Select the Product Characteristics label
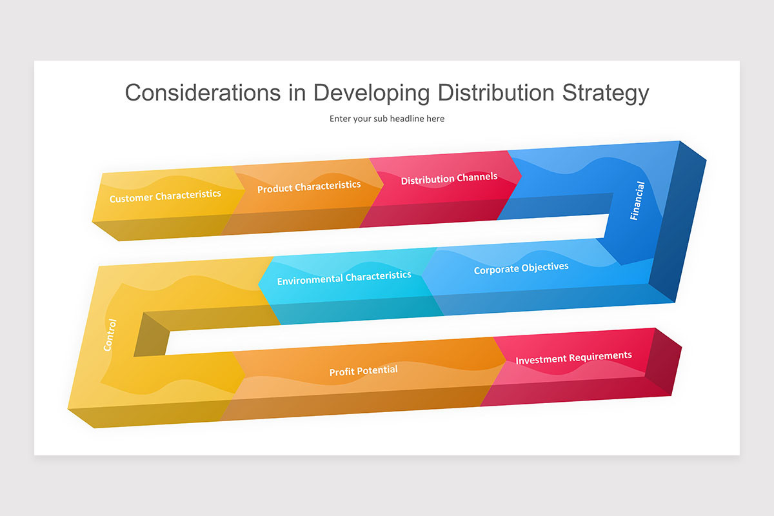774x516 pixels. pyautogui.click(x=309, y=187)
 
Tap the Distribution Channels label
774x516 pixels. pyautogui.click(x=449, y=179)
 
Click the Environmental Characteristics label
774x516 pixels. pyautogui.click(x=344, y=279)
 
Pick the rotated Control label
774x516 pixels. pyautogui.click(x=110, y=335)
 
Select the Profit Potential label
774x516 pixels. pyautogui.click(x=363, y=371)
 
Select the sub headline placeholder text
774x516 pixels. pyautogui.click(x=387, y=119)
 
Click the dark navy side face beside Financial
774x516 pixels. pyautogui.click(x=677, y=226)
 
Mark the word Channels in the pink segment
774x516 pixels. pyautogui.click(x=477, y=177)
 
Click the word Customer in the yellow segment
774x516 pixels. pyautogui.click(x=131, y=199)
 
